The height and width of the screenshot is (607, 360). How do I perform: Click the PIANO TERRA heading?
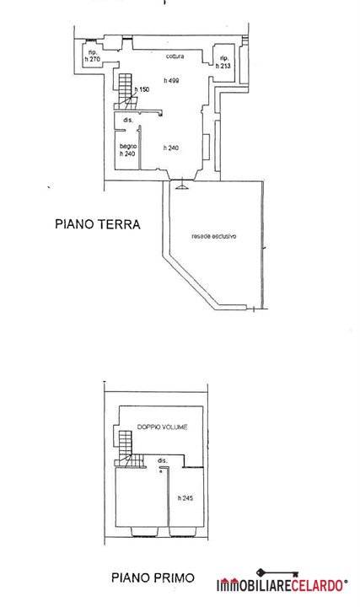click(98, 224)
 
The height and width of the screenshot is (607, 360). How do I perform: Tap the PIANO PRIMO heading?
click(153, 578)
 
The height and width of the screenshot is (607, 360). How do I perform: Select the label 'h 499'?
click(171, 81)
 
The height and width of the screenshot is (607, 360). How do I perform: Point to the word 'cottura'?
click(175, 56)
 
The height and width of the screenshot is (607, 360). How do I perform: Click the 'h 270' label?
click(93, 59)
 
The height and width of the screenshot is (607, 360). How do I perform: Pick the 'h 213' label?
click(223, 66)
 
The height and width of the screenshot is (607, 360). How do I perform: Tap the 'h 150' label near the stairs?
click(142, 89)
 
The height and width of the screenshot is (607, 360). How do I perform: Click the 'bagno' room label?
click(128, 147)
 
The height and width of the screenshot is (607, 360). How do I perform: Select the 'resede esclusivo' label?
click(213, 236)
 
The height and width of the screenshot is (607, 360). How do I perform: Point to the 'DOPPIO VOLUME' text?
click(163, 427)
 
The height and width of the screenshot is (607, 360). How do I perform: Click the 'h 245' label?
click(185, 498)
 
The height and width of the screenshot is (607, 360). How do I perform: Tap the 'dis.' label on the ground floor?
click(128, 121)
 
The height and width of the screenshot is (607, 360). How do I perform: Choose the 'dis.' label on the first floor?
click(163, 460)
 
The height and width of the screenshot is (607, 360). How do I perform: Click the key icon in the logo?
click(277, 573)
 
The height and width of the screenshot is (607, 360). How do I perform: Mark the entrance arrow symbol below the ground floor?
click(181, 187)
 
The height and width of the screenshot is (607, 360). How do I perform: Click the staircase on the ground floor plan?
click(126, 92)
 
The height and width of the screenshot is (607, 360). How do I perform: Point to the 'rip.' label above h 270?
click(92, 52)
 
